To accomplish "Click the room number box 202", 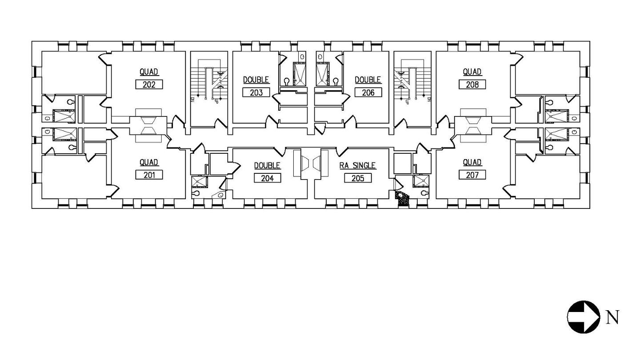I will (x=149, y=84).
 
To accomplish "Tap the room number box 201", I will (x=149, y=175).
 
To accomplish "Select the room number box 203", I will (x=256, y=92).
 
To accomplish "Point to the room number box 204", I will (x=268, y=178).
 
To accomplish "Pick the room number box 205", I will (x=358, y=178).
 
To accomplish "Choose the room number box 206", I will (x=368, y=92).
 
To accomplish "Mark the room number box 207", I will (x=472, y=175).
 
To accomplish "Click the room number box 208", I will (x=472, y=84).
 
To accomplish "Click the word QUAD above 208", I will (x=472, y=72).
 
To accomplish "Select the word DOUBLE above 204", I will (x=268, y=166).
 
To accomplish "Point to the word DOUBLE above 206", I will (x=368, y=80).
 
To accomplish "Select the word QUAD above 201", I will (x=149, y=162).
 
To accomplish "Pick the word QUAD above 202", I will (x=149, y=72).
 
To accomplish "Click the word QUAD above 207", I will (x=472, y=162).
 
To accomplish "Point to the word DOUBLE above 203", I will (x=256, y=80).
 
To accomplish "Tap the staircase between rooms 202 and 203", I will (x=209, y=89).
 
